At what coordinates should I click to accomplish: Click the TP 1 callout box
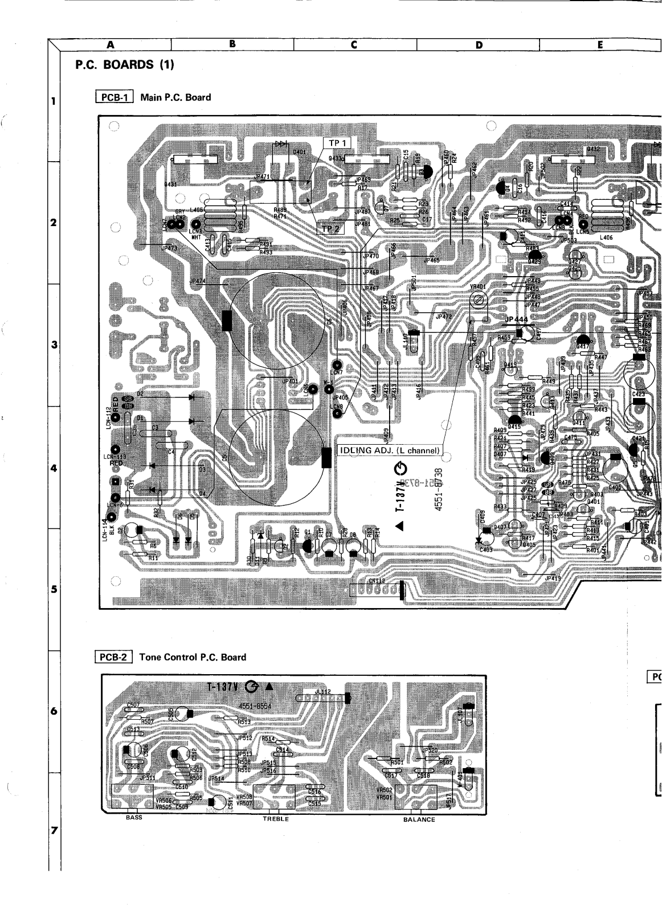click(x=338, y=142)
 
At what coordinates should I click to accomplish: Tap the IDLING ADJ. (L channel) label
click(x=390, y=450)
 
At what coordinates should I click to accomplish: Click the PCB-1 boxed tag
click(x=114, y=97)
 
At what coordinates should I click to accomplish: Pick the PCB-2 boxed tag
click(x=113, y=657)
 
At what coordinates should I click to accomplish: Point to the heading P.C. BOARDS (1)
click(x=124, y=65)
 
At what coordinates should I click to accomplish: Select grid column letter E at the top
click(x=600, y=45)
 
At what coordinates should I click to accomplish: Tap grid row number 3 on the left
click(x=54, y=345)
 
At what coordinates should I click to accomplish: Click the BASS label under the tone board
click(x=134, y=818)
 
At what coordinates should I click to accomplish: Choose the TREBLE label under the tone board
click(x=276, y=819)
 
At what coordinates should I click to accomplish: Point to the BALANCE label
click(x=419, y=819)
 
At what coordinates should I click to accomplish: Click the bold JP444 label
click(x=517, y=321)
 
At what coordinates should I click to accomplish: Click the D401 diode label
click(x=299, y=153)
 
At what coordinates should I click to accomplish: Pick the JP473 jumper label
click(x=169, y=248)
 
